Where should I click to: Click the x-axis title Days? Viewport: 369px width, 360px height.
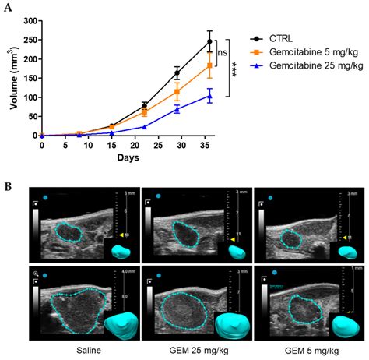tap(129, 159)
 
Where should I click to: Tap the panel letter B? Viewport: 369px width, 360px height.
tap(7, 186)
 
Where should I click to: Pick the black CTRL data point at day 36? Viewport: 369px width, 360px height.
tap(209, 42)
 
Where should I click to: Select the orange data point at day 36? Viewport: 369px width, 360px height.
tap(209, 65)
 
